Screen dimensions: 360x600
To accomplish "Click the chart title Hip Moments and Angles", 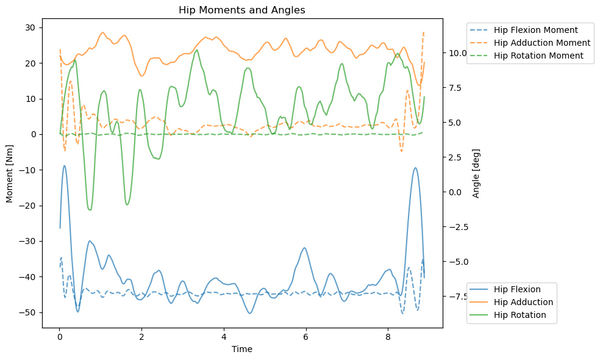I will (x=241, y=10).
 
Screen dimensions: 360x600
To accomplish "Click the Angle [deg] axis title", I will (x=476, y=173).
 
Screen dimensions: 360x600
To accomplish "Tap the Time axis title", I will (x=242, y=349).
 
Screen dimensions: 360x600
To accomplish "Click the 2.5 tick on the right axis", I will (x=456, y=157).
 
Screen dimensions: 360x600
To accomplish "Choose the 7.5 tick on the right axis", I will (x=456, y=88).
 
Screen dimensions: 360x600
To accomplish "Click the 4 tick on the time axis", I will (x=224, y=337).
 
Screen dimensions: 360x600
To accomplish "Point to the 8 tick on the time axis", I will (x=388, y=337).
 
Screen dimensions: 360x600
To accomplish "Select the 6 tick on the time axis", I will (x=305, y=337).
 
